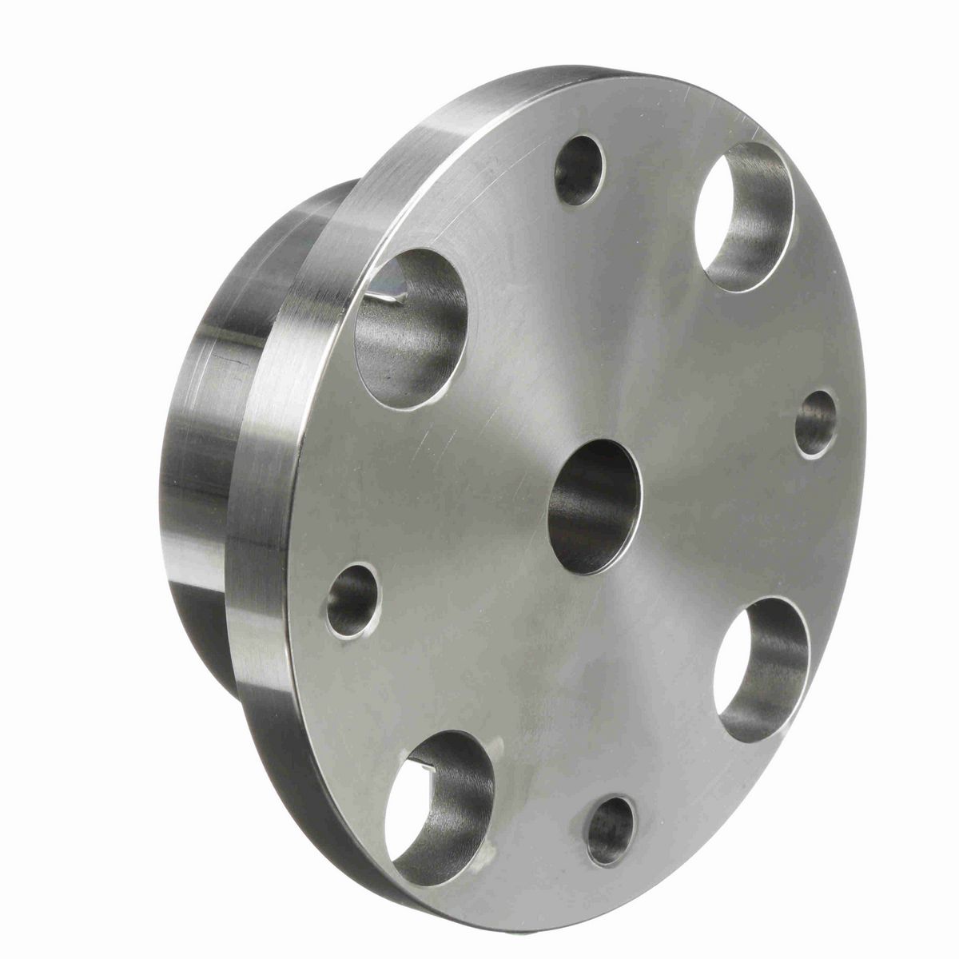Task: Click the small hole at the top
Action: (578, 169)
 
